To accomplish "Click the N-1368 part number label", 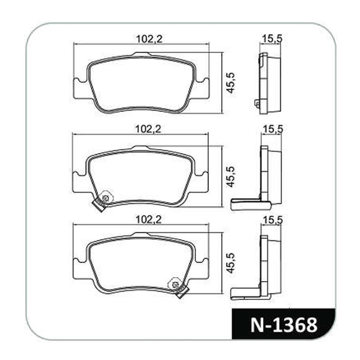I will tap(284, 325).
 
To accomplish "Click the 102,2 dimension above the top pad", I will tap(149, 39).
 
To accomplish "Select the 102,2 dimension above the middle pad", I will tap(149, 129).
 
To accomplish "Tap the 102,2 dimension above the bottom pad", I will tap(149, 220).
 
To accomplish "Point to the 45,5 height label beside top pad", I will tap(231, 83).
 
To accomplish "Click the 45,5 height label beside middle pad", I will tap(231, 176).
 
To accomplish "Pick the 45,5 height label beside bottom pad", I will tap(231, 263).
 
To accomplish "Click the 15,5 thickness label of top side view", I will tap(272, 39).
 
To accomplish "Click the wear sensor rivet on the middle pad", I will tap(105, 198).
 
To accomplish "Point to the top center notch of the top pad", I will tap(141, 54).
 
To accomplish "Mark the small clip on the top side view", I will tap(257, 103).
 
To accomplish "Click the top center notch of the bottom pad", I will tap(141, 234).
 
